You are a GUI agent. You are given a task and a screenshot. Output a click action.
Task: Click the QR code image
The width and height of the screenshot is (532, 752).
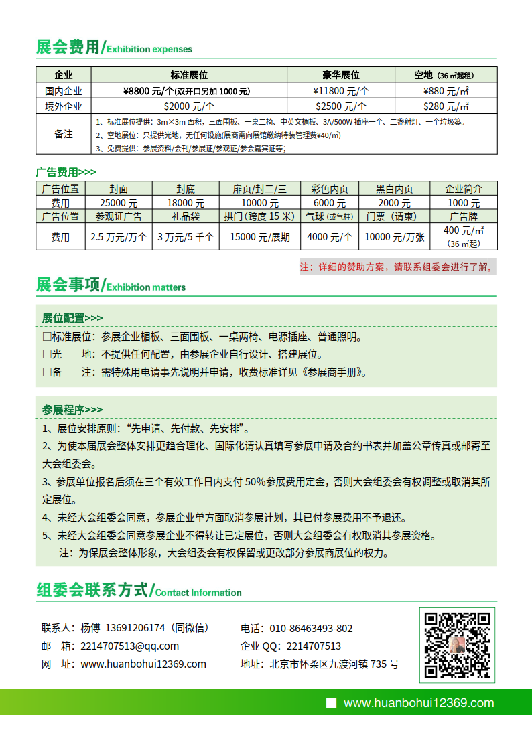coord(458,644)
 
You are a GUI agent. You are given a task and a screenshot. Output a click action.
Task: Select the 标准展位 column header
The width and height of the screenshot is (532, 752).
coord(189,75)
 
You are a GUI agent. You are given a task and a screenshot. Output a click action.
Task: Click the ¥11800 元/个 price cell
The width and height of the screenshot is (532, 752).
coord(341,91)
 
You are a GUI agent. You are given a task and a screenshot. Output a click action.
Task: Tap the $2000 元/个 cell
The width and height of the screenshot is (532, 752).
coord(189,106)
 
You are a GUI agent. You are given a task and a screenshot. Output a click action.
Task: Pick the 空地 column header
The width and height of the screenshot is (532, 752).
coord(446,75)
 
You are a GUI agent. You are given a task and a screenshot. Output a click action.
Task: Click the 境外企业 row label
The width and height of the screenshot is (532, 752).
coord(64,106)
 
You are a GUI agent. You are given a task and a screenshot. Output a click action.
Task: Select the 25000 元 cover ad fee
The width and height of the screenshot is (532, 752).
coord(119,203)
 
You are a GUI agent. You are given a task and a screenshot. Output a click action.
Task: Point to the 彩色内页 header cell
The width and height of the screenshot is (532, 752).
coord(329,190)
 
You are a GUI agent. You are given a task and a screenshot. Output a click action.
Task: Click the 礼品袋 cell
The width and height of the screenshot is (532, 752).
coord(186,216)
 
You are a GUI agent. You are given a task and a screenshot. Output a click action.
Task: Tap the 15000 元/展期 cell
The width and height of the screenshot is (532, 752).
coord(260,237)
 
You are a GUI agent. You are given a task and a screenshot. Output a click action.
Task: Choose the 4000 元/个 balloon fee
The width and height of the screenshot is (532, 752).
coord(329,237)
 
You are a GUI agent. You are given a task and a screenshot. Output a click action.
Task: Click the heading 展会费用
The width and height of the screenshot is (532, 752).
coord(67,48)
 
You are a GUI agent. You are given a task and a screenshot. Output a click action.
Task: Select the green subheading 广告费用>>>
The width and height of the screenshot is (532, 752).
coord(66,172)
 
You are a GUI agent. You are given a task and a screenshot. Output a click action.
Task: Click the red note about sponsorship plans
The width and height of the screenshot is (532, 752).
coord(398,267)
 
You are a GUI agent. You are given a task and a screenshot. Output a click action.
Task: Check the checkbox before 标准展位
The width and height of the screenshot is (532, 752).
coord(47,337)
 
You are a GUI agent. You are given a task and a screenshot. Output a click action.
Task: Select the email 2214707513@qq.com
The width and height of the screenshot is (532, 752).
coord(129,646)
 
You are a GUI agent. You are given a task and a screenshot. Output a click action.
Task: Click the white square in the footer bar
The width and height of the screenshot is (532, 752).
coord(330,702)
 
